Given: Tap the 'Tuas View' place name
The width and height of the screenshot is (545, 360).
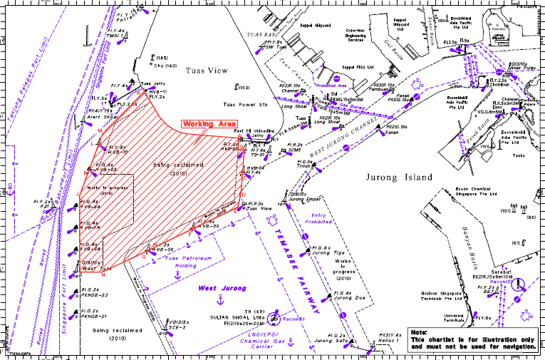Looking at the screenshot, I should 205,71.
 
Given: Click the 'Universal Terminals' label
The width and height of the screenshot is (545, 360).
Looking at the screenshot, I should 454,317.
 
